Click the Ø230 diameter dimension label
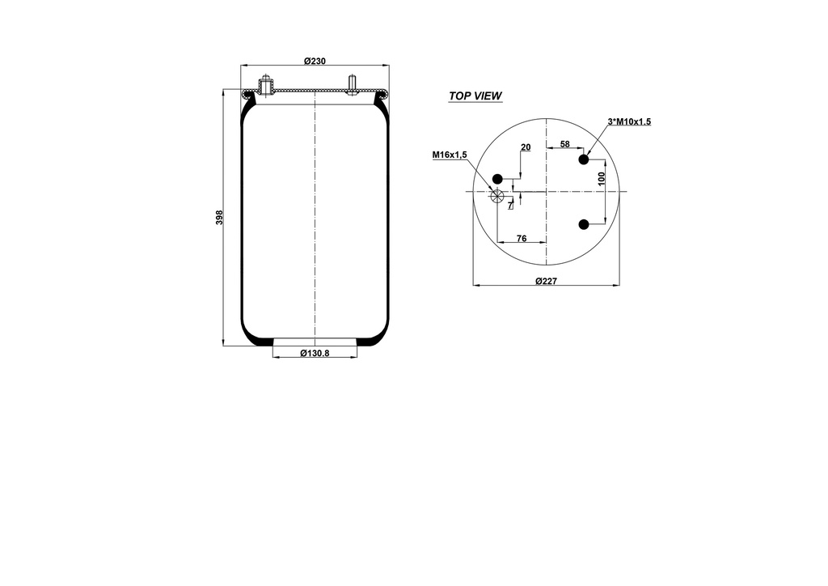tap(315, 62)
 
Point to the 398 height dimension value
tap(219, 218)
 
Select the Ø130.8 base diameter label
tap(315, 354)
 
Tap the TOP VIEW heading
tap(475, 96)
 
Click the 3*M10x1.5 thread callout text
tap(629, 121)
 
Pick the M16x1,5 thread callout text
tap(450, 155)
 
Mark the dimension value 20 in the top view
tap(526, 147)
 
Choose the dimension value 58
tap(564, 144)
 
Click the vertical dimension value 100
tap(602, 179)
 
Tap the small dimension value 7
tap(509, 206)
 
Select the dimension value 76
tap(522, 238)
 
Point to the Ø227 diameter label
tap(547, 281)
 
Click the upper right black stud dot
tap(583, 160)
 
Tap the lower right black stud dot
tap(583, 224)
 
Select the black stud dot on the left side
tap(498, 179)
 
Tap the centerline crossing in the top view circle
tap(547, 191)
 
